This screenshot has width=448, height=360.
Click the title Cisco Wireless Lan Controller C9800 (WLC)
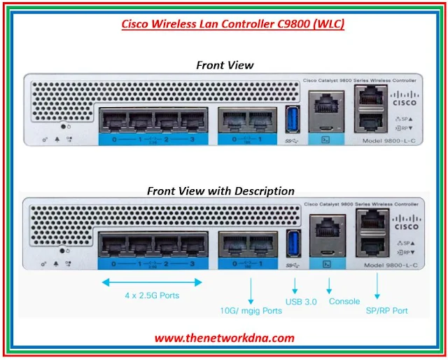pos(224,24)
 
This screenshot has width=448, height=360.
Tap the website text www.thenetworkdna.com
pos(224,339)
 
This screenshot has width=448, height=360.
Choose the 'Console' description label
pos(344,302)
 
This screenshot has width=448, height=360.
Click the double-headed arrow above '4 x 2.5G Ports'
pos(152,282)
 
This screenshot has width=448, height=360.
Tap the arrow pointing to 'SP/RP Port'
pos(378,286)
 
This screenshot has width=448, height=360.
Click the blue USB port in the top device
pos(293,116)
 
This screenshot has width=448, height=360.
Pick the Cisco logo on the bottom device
pos(405,222)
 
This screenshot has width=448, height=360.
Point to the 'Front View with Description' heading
pos(220,191)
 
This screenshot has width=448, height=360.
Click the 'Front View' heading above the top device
pos(225,65)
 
